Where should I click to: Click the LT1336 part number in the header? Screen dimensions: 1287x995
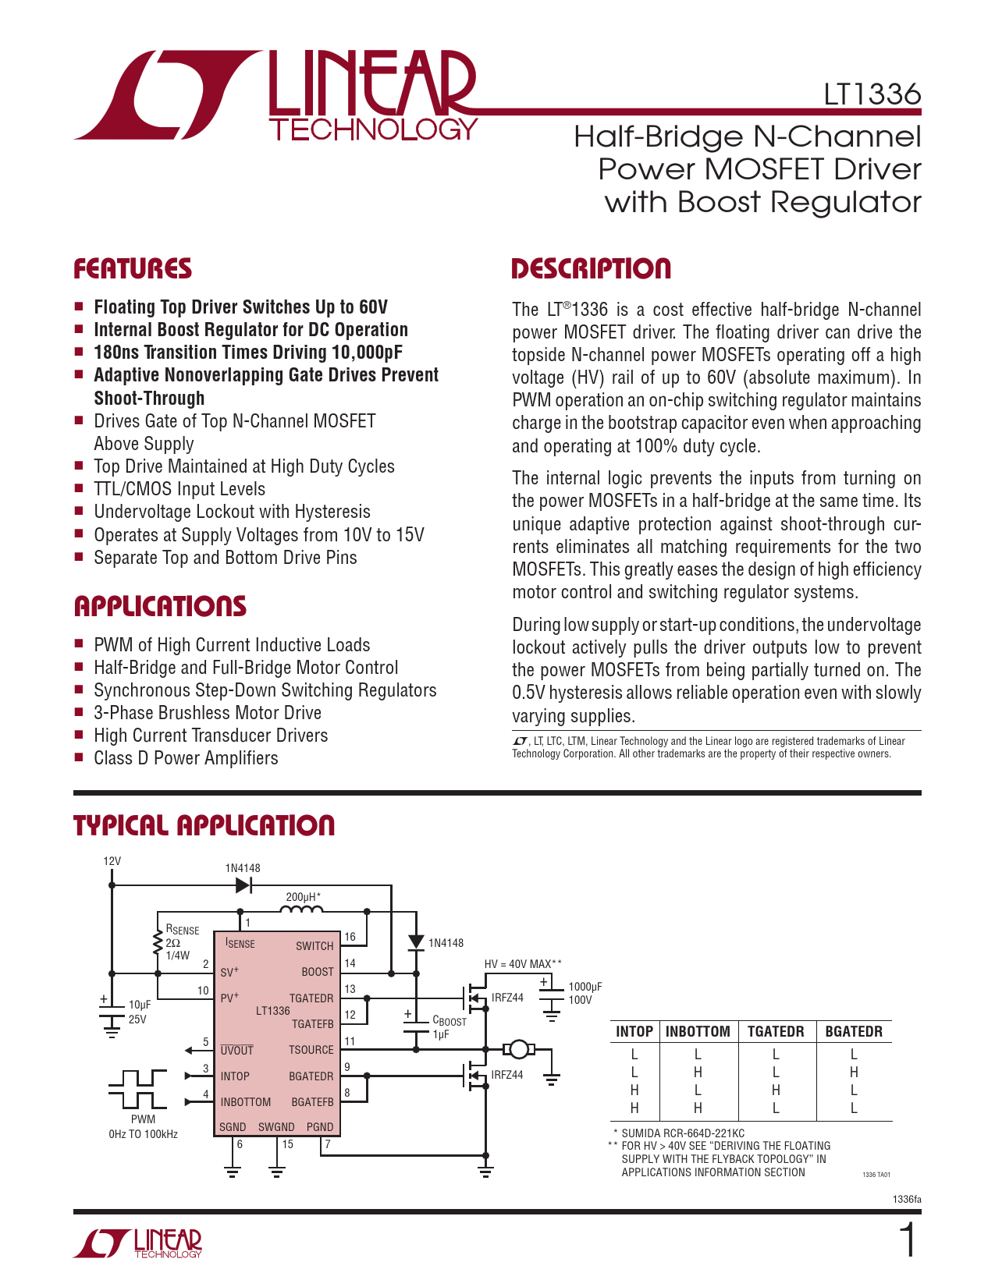click(872, 94)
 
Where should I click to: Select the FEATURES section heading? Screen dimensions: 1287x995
click(133, 269)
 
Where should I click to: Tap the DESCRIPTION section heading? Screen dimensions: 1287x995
click(591, 269)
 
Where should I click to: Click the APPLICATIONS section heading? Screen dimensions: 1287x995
click(160, 607)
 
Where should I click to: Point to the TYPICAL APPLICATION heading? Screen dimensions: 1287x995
click(204, 826)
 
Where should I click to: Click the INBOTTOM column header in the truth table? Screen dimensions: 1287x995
click(698, 1031)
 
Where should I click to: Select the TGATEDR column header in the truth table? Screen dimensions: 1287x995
click(776, 1031)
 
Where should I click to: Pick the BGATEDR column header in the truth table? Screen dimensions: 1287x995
click(854, 1031)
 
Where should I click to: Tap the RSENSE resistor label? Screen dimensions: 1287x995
click(182, 930)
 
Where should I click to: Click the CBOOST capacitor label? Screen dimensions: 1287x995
click(449, 1020)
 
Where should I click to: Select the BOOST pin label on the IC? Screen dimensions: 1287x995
click(318, 972)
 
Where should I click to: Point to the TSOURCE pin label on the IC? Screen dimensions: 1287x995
click(311, 1050)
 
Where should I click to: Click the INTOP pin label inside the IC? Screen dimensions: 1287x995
click(235, 1076)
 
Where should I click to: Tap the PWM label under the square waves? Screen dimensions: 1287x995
click(143, 1119)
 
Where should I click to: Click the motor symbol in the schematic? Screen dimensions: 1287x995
click(517, 1049)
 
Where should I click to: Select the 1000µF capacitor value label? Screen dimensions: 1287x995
click(585, 987)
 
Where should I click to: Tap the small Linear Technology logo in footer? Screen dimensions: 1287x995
click(138, 1243)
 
